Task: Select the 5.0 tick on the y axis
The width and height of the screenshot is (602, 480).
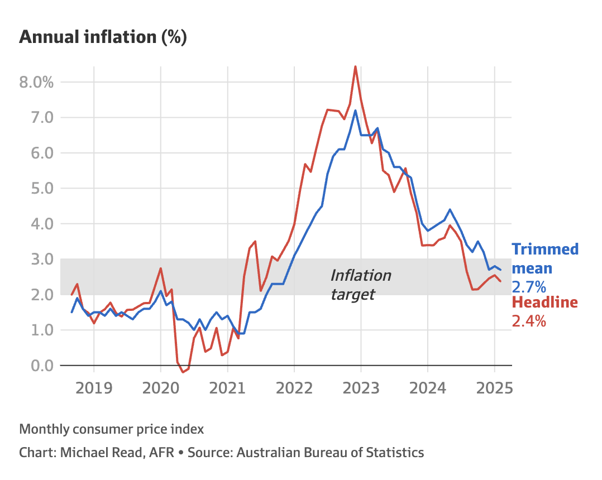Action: point(39,189)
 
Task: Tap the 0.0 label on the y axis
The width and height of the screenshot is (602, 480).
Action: point(39,366)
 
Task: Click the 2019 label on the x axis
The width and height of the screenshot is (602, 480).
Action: point(94,387)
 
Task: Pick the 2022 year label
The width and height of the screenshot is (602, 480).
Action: point(294,387)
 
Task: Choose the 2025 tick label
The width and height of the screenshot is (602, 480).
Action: point(494,387)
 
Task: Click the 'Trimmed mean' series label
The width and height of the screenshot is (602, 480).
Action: point(545,258)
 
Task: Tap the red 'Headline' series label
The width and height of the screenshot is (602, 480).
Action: point(544,303)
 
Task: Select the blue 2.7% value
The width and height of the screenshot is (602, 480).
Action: point(529,287)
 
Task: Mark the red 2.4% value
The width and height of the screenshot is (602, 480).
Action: point(529,321)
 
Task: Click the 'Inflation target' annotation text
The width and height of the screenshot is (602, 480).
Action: point(360,284)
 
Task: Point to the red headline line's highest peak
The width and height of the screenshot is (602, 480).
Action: point(356,66)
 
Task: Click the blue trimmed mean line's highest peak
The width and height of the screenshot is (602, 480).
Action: point(355,111)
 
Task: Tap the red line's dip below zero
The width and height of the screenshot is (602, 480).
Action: point(183,372)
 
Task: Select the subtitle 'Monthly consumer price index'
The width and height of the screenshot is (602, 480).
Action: point(112,429)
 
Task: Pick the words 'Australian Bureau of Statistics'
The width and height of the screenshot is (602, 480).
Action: point(330,452)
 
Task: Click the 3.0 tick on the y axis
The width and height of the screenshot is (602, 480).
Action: point(39,260)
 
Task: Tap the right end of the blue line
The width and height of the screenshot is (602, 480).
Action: point(500,270)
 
